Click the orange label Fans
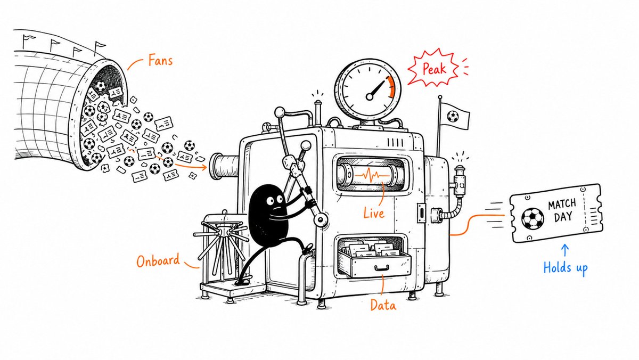click(x=161, y=61)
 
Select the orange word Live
click(x=374, y=213)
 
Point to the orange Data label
click(x=383, y=305)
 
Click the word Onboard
click(x=158, y=260)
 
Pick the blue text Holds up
click(x=566, y=268)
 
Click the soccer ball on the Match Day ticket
click(x=532, y=218)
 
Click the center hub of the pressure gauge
click(x=370, y=97)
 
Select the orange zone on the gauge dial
click(x=391, y=86)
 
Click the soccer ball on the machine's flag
click(x=453, y=117)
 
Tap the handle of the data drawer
click(x=382, y=268)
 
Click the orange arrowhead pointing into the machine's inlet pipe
click(x=203, y=167)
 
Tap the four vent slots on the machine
click(x=395, y=142)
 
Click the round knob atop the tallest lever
click(x=280, y=112)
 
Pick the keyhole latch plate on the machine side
click(x=421, y=213)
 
